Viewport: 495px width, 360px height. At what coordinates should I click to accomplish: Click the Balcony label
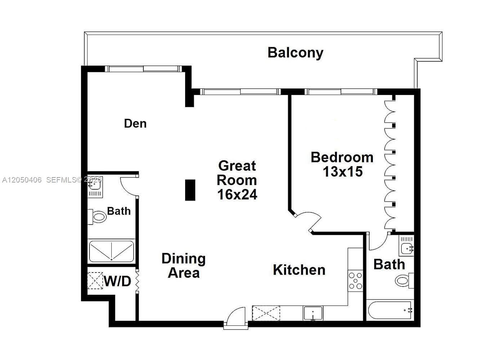point(295,53)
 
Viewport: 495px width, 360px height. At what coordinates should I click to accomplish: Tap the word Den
point(135,123)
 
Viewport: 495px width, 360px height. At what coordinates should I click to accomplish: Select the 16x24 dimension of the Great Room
point(237,194)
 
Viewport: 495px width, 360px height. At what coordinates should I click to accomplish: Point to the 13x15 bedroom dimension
point(343,171)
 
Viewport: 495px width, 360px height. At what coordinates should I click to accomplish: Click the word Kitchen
point(299,270)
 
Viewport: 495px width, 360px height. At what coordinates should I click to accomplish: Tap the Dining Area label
point(184,265)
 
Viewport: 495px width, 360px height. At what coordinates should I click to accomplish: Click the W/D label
point(117,281)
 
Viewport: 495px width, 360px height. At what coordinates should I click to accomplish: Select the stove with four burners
point(355,281)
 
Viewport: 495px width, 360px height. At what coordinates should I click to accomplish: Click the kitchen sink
point(313,313)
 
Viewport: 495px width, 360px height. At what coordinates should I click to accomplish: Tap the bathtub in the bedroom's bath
point(390,310)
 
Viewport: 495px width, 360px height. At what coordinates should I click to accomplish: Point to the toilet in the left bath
point(97,217)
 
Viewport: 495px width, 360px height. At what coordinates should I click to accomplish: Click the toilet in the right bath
point(404,281)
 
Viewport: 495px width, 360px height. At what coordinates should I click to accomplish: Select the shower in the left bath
point(112,251)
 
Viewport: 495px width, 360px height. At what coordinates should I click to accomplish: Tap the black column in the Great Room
point(190,190)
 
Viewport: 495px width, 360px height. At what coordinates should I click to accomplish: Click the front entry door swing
point(236,316)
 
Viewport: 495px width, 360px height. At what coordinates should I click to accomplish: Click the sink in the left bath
point(95,186)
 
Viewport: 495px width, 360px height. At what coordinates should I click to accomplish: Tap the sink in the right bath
point(406,246)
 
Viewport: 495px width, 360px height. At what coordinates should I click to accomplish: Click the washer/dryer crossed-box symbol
point(95,281)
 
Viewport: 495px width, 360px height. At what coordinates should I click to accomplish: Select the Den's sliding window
point(143,69)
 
